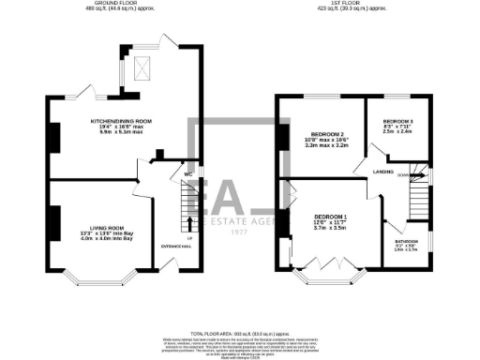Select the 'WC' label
tap(188, 174)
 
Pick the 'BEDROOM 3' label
tap(397, 122)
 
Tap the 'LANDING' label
tap(382, 172)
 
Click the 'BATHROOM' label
tap(406, 240)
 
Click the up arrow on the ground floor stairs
tap(190, 223)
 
